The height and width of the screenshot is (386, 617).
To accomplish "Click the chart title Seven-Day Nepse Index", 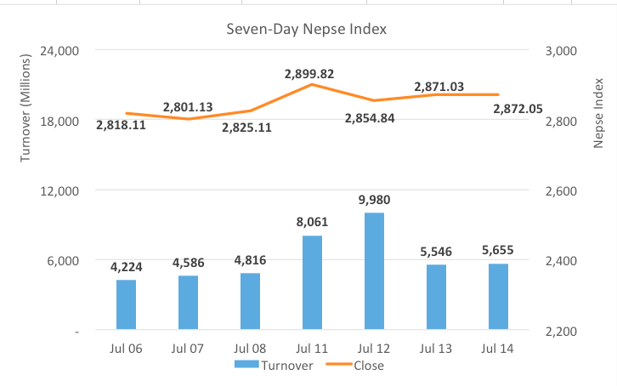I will [306, 29].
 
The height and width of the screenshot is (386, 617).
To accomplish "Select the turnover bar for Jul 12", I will [374, 271].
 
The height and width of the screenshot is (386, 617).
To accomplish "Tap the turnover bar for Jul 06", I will [126, 304].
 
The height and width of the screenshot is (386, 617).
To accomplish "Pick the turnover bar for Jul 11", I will [312, 282].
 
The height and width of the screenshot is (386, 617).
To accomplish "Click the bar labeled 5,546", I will [436, 297].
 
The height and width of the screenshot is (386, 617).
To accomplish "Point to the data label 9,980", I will [374, 201].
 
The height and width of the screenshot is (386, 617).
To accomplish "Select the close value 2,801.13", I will [189, 107].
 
